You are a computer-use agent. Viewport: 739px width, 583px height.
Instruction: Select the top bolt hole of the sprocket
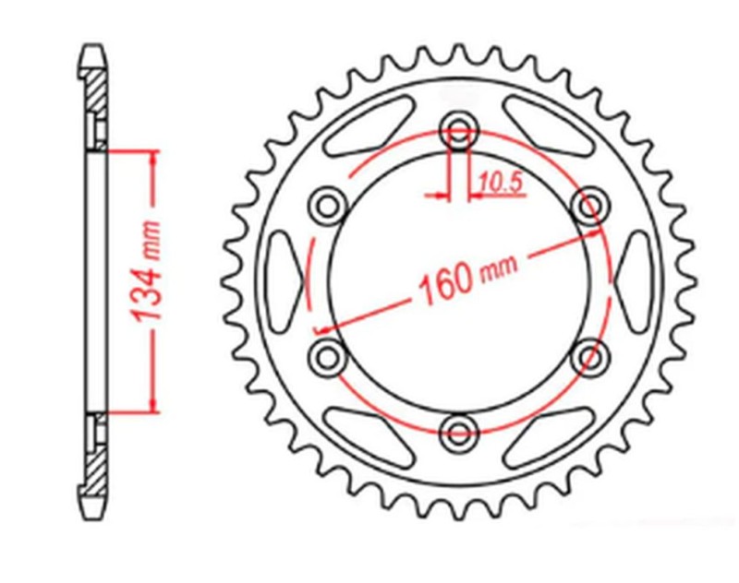pos(458,127)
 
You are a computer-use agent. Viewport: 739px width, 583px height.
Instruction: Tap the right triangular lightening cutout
pos(634,277)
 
